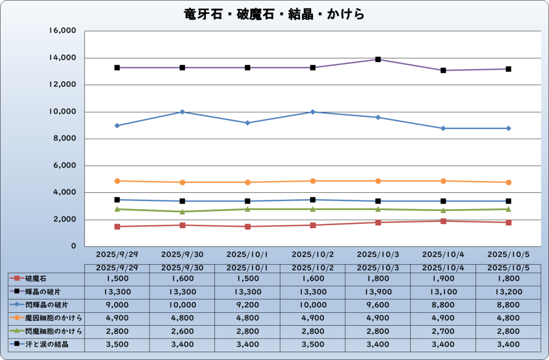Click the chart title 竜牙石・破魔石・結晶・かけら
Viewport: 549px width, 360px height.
[x=274, y=14]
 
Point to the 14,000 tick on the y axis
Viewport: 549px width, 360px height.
[x=63, y=58]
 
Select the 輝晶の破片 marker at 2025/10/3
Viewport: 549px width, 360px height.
[x=378, y=59]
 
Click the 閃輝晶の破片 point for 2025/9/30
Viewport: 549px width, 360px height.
[x=182, y=112]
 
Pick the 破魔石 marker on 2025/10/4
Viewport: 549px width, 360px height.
[x=443, y=221]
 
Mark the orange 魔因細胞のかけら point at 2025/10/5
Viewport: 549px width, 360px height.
[x=508, y=182]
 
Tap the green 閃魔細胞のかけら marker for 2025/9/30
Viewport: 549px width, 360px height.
[x=182, y=212]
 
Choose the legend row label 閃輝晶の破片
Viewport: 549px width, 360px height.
[x=43, y=305]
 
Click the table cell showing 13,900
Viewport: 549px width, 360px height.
[x=378, y=292]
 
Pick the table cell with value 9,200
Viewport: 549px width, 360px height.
[x=247, y=305]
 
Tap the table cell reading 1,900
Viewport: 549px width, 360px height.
[x=443, y=279]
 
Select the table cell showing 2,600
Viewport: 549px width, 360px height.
[x=182, y=331]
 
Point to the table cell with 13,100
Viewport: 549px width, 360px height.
[x=443, y=292]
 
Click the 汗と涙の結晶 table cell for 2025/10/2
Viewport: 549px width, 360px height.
[x=313, y=344]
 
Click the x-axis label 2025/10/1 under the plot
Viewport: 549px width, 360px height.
[x=247, y=253]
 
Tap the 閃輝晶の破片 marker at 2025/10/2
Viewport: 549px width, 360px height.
[x=313, y=112]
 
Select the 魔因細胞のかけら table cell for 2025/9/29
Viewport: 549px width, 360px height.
[x=117, y=318]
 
